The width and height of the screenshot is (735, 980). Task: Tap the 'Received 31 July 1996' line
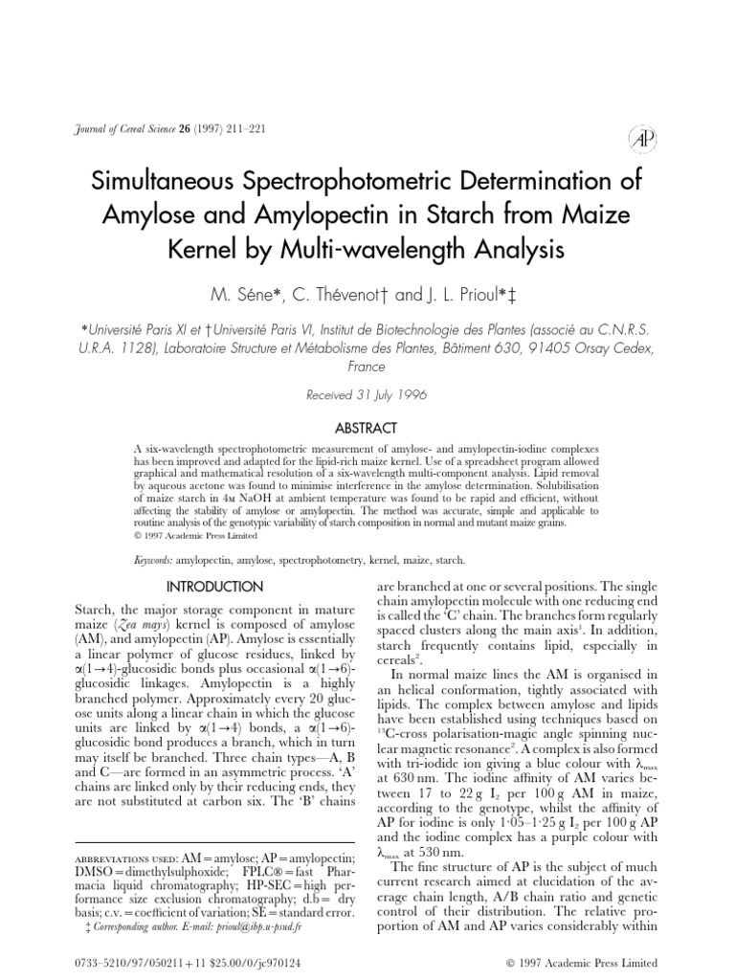tap(367, 395)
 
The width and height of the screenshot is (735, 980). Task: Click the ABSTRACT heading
tap(367, 428)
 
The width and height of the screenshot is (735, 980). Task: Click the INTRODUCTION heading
tap(214, 585)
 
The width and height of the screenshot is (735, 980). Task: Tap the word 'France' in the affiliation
tap(367, 367)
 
